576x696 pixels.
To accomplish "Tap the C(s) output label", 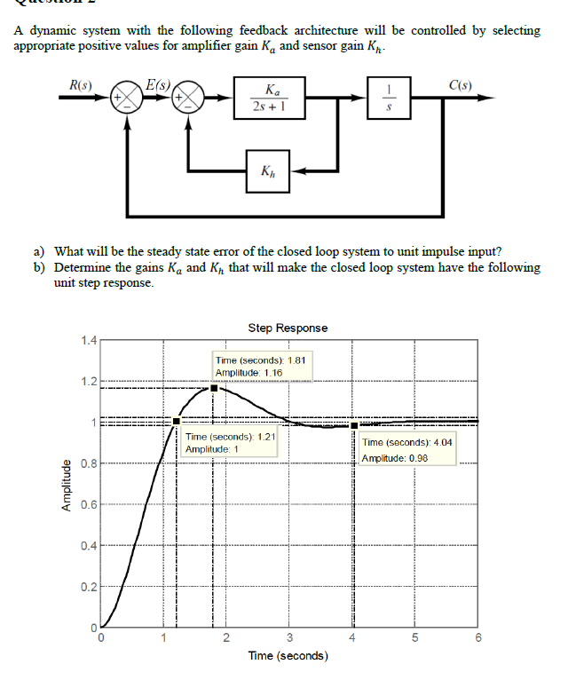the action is (460, 86).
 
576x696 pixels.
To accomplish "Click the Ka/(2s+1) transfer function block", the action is (269, 97).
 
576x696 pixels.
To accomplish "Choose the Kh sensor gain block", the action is (270, 170).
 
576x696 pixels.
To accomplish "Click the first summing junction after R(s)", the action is (127, 96).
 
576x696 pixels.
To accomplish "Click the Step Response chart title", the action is (288, 328).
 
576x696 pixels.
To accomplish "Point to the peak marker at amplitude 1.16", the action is (214, 388).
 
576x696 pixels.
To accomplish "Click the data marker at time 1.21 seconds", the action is (177, 421).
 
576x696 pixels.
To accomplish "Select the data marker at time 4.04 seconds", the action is (353, 424).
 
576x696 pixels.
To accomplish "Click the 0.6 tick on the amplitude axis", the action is (87, 504).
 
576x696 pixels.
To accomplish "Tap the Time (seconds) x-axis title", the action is (288, 656).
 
